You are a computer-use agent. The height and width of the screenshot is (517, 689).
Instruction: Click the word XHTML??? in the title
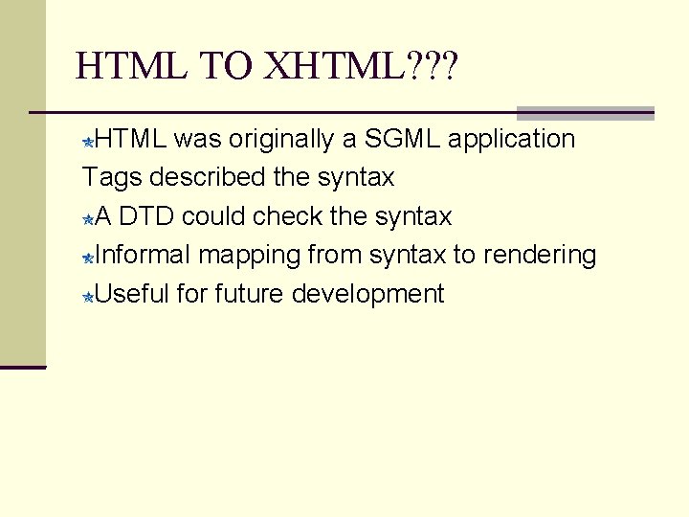[362, 66]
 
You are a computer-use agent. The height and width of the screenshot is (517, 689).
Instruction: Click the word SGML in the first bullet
[395, 139]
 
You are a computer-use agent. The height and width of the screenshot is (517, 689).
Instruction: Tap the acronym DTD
[146, 217]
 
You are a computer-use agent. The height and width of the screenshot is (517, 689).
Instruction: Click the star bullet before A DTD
[88, 220]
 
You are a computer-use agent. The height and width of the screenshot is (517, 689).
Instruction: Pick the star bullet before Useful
[88, 297]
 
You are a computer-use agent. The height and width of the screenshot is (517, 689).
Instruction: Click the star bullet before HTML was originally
[88, 143]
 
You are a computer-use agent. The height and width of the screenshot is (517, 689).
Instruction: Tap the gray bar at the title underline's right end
[585, 113]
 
